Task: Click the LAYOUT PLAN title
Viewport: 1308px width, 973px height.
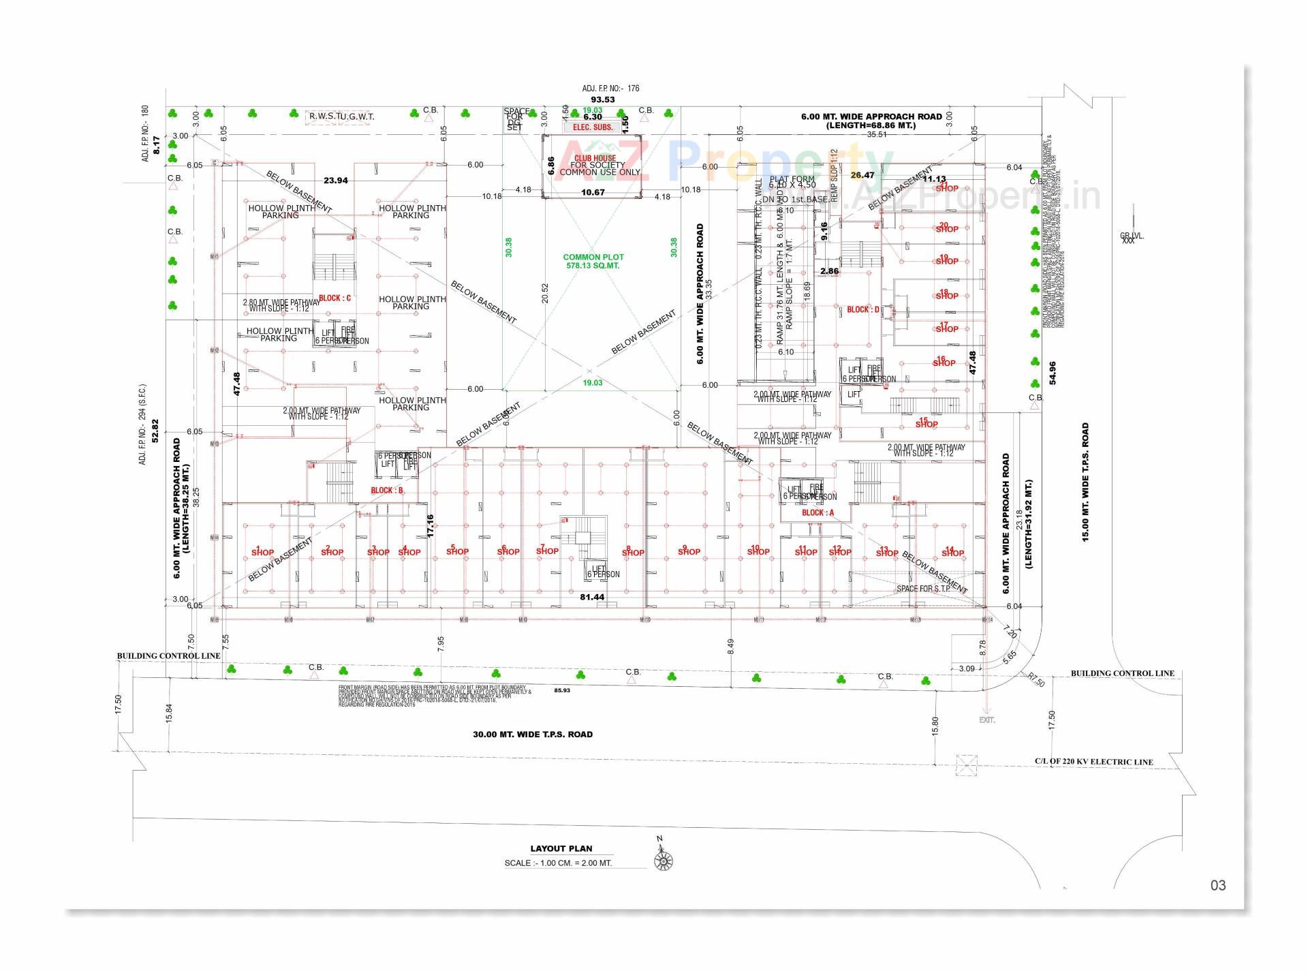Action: click(561, 848)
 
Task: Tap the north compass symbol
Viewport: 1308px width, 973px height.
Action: click(662, 861)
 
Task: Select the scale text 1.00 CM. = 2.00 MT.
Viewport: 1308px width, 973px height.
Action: click(558, 863)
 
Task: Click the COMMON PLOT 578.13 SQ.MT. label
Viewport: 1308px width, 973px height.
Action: click(593, 262)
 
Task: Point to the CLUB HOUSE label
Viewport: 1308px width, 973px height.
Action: click(595, 158)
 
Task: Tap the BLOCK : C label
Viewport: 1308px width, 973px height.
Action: click(334, 298)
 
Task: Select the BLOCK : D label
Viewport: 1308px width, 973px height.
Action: click(862, 309)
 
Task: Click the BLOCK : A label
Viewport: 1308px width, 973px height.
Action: click(817, 512)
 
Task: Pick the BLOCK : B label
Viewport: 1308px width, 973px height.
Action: click(387, 490)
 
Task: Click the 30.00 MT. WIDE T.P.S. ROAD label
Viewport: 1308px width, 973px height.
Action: click(533, 735)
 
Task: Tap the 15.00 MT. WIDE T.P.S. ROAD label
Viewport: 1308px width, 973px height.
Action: click(1085, 482)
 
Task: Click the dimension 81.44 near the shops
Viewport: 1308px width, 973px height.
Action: click(592, 597)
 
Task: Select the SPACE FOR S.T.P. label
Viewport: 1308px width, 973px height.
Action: click(923, 589)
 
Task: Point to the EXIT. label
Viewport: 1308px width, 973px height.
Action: click(986, 720)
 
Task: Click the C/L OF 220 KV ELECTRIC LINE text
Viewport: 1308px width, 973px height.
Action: click(1093, 762)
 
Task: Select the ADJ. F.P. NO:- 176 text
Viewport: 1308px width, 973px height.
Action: click(610, 89)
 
